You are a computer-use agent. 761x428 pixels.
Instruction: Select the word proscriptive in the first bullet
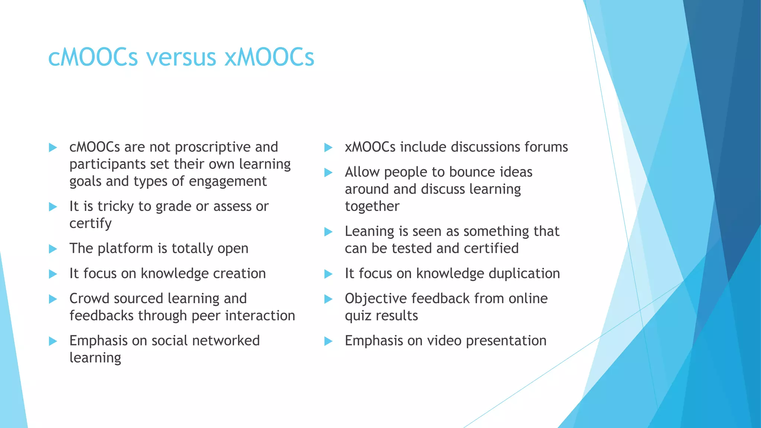tap(213, 147)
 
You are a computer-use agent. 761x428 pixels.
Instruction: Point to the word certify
tap(90, 224)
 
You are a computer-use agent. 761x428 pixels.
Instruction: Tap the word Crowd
tap(88, 299)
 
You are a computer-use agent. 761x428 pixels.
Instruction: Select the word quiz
tap(358, 316)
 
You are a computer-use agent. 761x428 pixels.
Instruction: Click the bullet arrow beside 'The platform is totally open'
tap(53, 249)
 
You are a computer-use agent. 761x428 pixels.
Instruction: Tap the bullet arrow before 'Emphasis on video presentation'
tap(328, 341)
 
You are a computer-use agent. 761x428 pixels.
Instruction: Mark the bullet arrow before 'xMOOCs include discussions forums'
tap(328, 147)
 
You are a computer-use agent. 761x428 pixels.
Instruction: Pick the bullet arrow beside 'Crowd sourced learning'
tap(53, 299)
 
